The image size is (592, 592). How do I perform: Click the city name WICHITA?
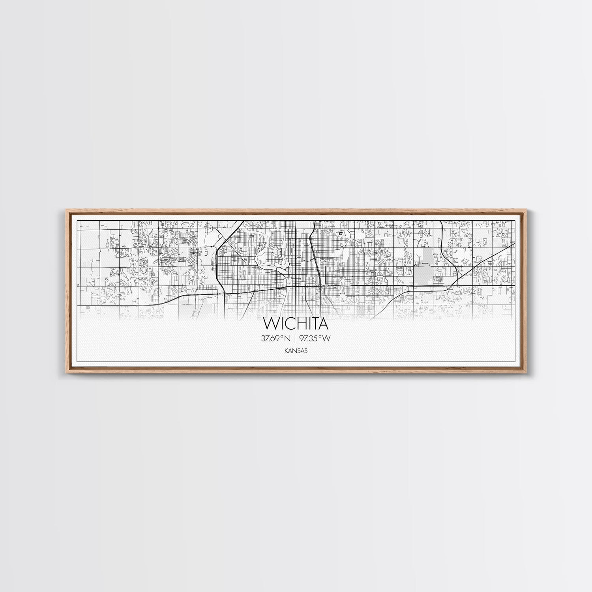point(296,324)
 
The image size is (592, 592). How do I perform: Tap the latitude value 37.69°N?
point(276,338)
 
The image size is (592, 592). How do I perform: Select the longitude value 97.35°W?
point(315,338)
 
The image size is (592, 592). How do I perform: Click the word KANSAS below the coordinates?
point(296,350)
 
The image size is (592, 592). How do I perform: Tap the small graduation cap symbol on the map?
point(339,234)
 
